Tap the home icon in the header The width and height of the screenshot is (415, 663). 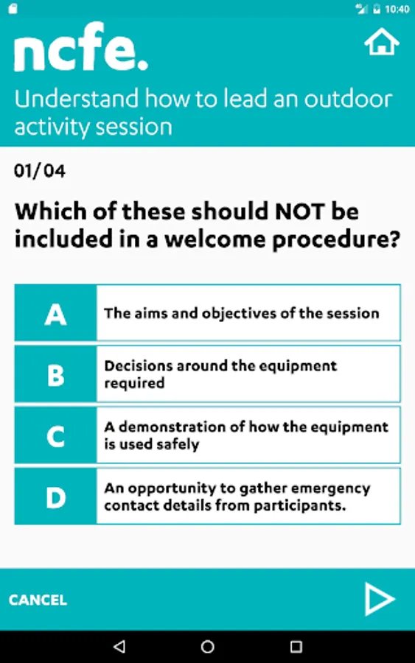382,42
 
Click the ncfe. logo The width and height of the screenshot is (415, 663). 81,46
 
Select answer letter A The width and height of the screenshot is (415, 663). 55,313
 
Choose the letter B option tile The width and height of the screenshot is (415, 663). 55,374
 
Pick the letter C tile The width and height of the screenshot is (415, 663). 55,435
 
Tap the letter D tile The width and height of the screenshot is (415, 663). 55,497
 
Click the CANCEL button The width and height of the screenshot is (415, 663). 38,600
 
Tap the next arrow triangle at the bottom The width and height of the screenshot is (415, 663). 379,599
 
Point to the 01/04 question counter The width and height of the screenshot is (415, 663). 40,171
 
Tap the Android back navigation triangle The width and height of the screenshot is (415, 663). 119,646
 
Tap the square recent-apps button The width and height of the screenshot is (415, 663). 296,647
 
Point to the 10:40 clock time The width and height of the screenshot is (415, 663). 397,9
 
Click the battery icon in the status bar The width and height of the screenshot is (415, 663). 377,9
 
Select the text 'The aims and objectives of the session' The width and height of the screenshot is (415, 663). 242,313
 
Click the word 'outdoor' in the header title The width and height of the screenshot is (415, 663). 348,99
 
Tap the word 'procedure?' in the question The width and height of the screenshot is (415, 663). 336,239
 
